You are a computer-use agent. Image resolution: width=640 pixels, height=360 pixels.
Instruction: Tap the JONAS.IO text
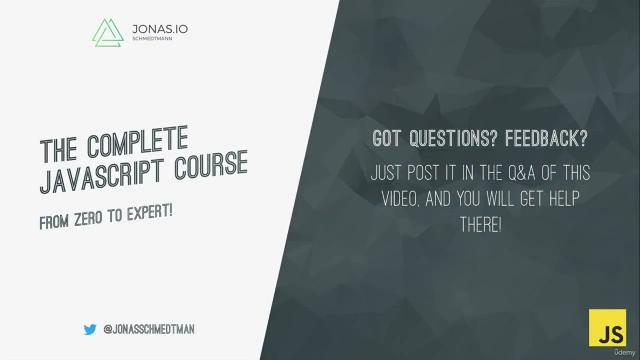coord(160,29)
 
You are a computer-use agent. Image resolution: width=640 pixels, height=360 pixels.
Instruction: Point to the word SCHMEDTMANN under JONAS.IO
coord(152,38)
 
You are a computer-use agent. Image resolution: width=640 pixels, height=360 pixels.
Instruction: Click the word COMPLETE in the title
coord(137,142)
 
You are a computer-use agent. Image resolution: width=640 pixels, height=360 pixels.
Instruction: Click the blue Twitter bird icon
coord(90,329)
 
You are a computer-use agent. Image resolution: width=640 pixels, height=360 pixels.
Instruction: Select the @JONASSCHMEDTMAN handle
coord(149,329)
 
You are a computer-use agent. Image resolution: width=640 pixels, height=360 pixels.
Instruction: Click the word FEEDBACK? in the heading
coord(546,139)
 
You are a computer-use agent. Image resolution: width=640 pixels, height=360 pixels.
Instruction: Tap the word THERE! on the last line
coord(480,225)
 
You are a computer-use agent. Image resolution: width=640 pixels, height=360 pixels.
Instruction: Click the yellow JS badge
coord(607,327)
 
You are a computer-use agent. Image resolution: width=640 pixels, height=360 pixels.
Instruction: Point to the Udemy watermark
coord(624,352)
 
